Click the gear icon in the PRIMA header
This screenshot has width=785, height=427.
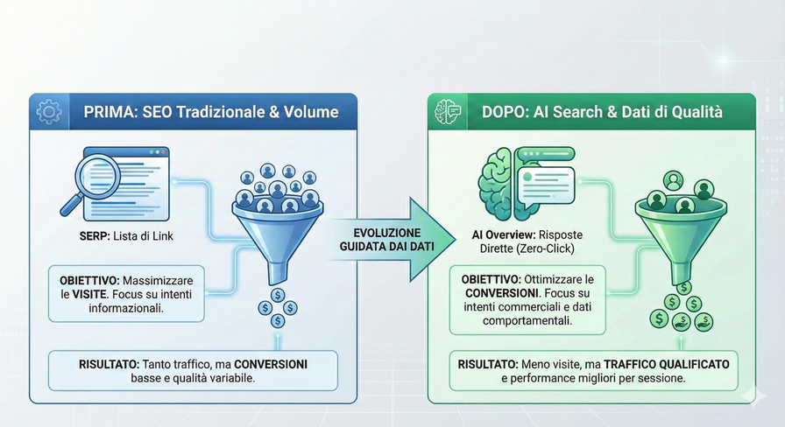click(x=49, y=112)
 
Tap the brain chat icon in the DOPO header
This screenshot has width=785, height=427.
click(x=448, y=112)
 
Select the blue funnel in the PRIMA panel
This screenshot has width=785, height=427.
click(x=278, y=231)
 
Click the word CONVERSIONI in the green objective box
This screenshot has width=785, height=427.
click(x=500, y=293)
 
